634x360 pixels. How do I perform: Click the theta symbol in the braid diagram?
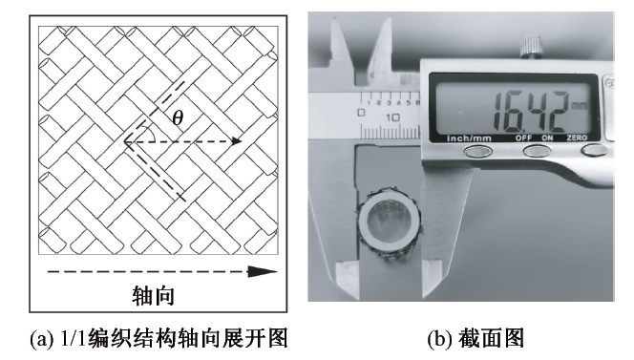tap(178, 117)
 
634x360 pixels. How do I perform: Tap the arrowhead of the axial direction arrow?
tap(263, 271)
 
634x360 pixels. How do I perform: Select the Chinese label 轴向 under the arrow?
tap(153, 296)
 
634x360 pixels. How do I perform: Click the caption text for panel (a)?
tap(158, 338)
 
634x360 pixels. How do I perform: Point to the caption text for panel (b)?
tap(475, 338)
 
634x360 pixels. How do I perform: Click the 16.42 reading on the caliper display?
tap(530, 112)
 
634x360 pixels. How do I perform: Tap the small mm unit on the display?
tap(579, 106)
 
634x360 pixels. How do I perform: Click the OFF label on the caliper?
tap(523, 138)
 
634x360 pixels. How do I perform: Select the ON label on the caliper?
tap(547, 138)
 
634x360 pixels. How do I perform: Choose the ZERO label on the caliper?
tap(577, 138)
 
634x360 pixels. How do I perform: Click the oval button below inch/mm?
tap(477, 152)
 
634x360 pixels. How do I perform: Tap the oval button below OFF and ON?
tap(537, 151)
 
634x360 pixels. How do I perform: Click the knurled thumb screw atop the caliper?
tap(531, 48)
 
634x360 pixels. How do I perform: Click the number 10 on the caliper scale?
tap(392, 117)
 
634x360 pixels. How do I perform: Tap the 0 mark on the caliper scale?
tap(362, 112)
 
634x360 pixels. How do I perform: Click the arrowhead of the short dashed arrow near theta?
tap(237, 141)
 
